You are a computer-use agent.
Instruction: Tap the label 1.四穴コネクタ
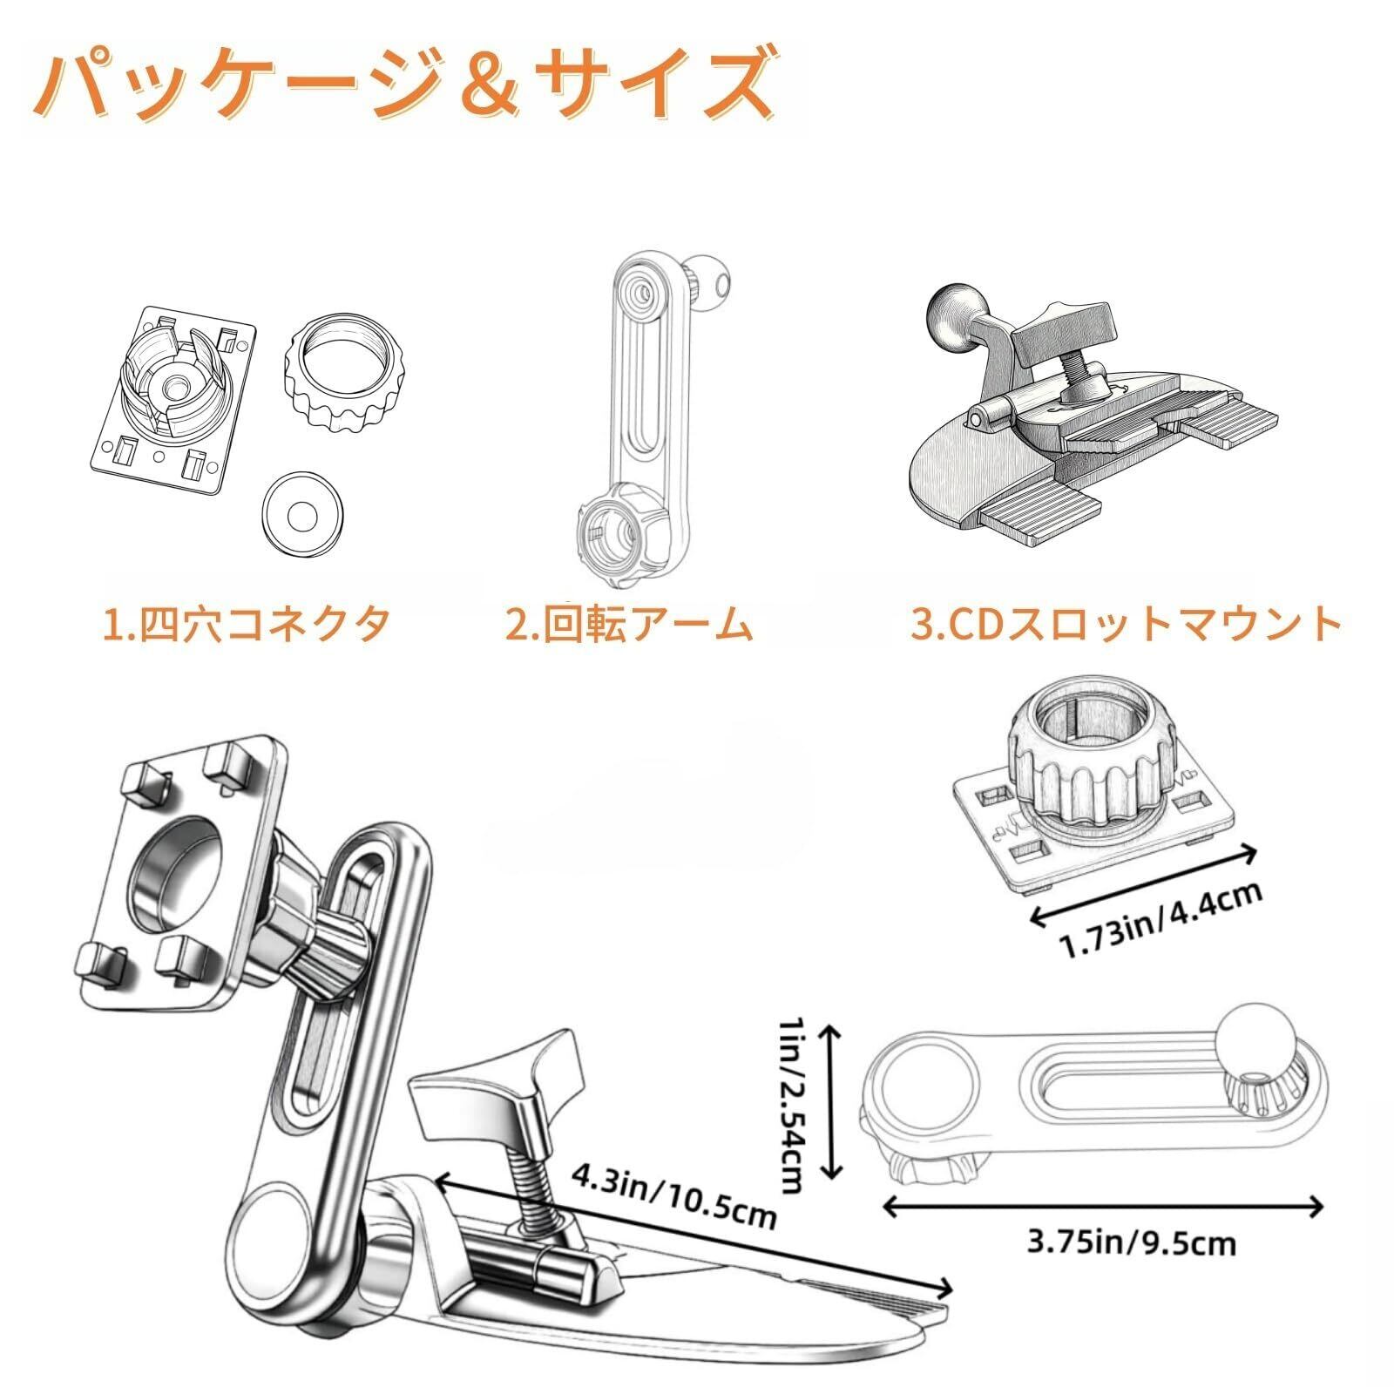point(247,625)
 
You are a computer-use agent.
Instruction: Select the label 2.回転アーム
point(629,625)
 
